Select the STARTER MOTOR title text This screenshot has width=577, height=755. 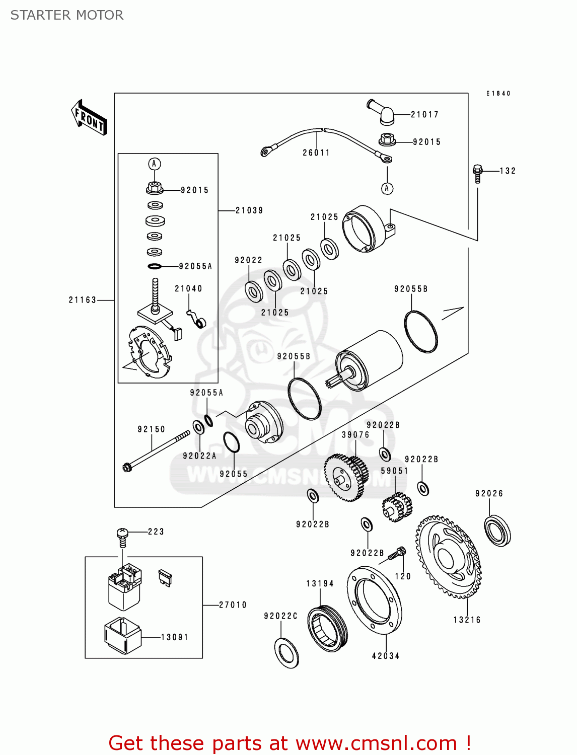(67, 15)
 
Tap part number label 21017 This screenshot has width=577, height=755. (424, 115)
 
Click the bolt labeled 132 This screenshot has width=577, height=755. (478, 173)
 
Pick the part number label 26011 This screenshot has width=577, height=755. (316, 153)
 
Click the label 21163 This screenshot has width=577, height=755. (83, 300)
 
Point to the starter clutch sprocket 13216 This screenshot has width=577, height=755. (448, 556)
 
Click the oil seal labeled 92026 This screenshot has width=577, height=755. (497, 530)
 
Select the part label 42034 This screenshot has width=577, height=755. (386, 656)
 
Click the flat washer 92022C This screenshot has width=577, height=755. (287, 653)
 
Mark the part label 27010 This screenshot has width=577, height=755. (233, 605)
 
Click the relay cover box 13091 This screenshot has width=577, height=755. (122, 635)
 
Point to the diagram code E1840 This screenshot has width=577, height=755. (498, 94)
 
